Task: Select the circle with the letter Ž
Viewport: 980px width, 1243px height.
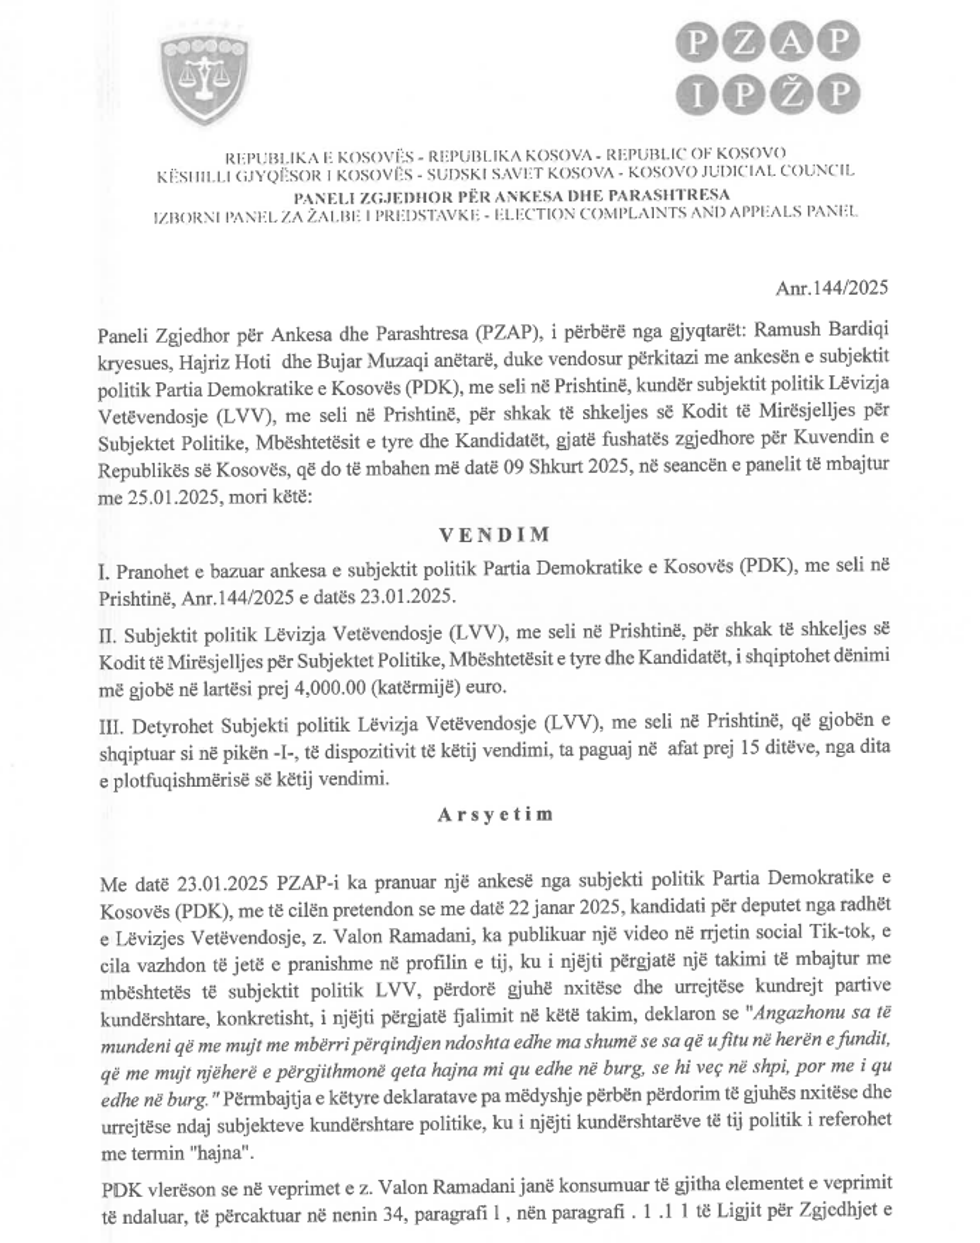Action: [x=789, y=93]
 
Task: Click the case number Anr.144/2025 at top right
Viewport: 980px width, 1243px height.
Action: [x=831, y=289]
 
